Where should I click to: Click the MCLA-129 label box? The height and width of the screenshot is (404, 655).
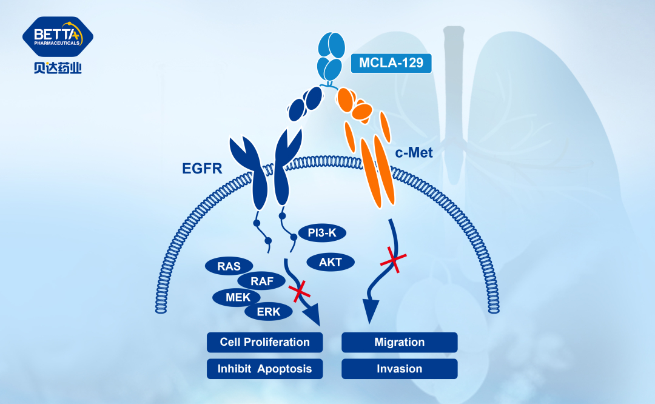click(x=391, y=62)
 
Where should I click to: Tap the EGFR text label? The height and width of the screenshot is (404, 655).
click(x=203, y=168)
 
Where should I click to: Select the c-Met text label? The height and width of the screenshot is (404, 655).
click(x=414, y=153)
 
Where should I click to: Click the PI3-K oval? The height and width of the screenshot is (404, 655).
click(x=322, y=233)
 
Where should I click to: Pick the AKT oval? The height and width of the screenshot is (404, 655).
click(x=331, y=263)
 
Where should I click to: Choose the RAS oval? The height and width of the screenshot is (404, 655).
click(x=228, y=266)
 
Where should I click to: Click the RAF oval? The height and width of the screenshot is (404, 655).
click(x=262, y=281)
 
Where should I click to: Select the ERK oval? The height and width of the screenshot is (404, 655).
click(x=268, y=312)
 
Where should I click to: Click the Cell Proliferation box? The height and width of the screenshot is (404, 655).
click(x=264, y=342)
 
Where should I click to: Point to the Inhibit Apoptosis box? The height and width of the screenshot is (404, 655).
click(x=264, y=369)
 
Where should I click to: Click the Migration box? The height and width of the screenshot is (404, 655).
click(x=399, y=342)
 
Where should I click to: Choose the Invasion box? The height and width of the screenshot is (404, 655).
click(x=399, y=369)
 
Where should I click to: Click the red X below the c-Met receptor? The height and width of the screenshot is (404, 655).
click(x=394, y=261)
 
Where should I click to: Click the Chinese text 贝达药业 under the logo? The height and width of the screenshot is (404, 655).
click(x=58, y=68)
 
